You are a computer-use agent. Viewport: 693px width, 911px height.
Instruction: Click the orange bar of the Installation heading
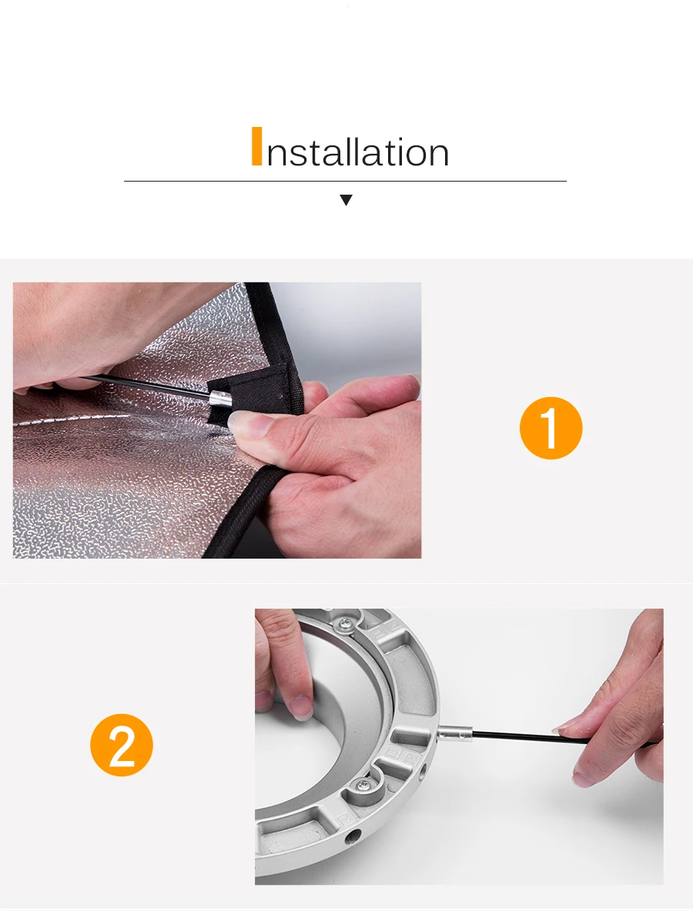pos(256,146)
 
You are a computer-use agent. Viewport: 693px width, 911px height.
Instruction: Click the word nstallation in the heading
pos(357,152)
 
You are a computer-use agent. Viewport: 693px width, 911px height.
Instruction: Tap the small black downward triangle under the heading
pos(346,201)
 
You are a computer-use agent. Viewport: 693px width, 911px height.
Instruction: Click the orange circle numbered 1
pos(551,429)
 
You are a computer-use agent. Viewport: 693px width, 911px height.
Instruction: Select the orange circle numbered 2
pos(122,746)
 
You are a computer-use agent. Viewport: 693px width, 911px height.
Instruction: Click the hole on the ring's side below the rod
pos(423,771)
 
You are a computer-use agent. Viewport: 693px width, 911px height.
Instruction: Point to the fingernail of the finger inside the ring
pos(303,706)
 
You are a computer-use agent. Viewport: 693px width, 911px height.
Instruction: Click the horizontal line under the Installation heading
pos(345,182)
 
